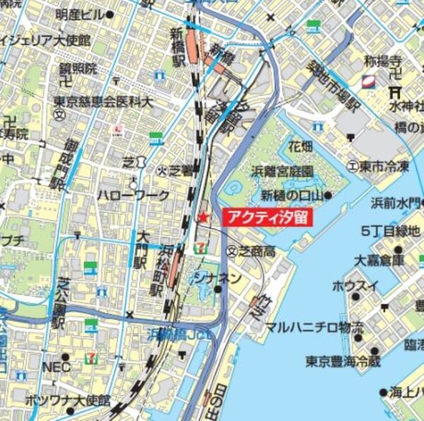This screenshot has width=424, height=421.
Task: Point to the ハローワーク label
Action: [134, 195]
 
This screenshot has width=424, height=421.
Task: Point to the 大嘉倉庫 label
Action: [380, 259]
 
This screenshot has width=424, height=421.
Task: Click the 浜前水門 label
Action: [396, 203]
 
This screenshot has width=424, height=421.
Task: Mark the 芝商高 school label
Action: [255, 251]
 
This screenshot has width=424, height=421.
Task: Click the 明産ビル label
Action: [78, 14]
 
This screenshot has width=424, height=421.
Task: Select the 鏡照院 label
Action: [78, 69]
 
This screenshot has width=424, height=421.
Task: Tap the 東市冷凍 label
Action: [383, 166]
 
